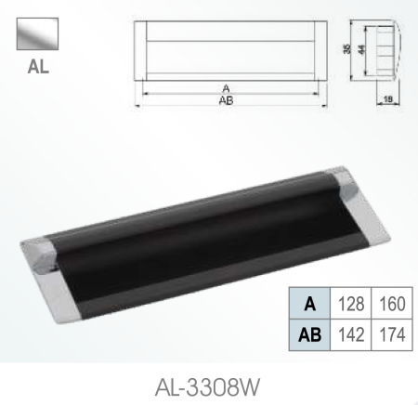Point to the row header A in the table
point(309,303)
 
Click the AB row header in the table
point(309,333)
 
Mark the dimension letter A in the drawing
point(227,89)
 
